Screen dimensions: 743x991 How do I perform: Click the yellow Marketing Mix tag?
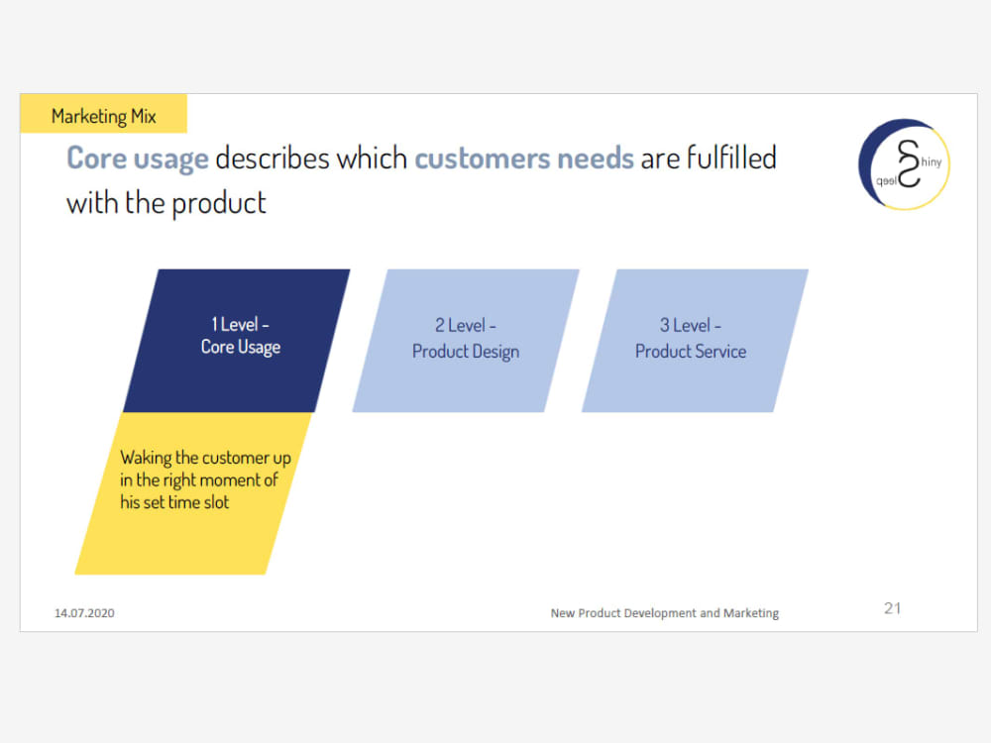(103, 116)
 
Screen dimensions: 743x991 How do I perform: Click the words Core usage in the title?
(137, 159)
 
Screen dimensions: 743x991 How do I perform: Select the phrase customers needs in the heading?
(523, 159)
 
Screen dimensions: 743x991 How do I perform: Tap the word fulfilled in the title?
(731, 158)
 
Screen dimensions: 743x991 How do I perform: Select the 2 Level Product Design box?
(466, 339)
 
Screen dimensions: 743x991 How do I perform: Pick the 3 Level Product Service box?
(694, 339)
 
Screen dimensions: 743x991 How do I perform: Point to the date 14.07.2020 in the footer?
(84, 613)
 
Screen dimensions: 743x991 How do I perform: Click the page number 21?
(892, 608)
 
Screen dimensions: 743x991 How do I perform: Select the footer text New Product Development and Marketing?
(664, 613)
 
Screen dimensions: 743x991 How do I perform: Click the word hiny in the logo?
(931, 161)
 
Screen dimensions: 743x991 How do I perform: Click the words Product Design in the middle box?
(466, 352)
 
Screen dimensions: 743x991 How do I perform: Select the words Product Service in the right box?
(691, 352)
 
